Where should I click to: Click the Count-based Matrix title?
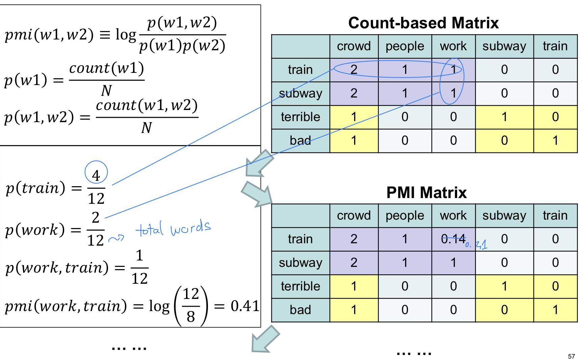[423, 23]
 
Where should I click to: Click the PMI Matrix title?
[426, 193]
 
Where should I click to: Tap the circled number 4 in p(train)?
[96, 175]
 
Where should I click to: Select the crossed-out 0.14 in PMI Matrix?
[453, 239]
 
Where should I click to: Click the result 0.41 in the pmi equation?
[245, 306]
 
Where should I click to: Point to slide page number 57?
[571, 356]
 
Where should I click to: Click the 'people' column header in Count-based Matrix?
[405, 46]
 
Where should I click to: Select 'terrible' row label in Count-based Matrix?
[300, 117]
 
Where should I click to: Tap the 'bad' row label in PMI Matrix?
[300, 310]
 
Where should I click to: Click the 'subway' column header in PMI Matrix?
[504, 216]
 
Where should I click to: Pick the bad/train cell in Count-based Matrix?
[555, 141]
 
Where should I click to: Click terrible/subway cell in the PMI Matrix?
[504, 286]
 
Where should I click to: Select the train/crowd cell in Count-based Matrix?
[353, 70]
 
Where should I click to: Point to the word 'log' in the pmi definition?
[126, 35]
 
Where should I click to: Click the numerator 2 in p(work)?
[96, 218]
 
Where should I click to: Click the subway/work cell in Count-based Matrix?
[453, 93]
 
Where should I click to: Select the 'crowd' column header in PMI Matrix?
[353, 216]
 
